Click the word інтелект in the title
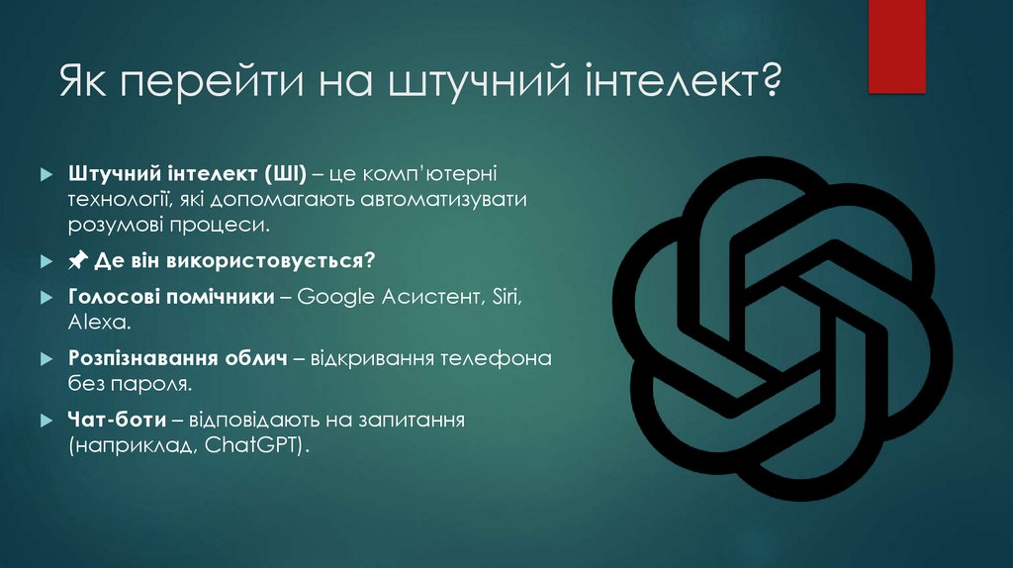[x=673, y=80]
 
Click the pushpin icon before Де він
[x=78, y=261]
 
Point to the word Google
[x=332, y=297]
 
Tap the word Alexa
[x=99, y=322]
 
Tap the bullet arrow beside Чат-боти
[x=46, y=421]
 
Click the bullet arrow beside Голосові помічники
[x=46, y=298]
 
